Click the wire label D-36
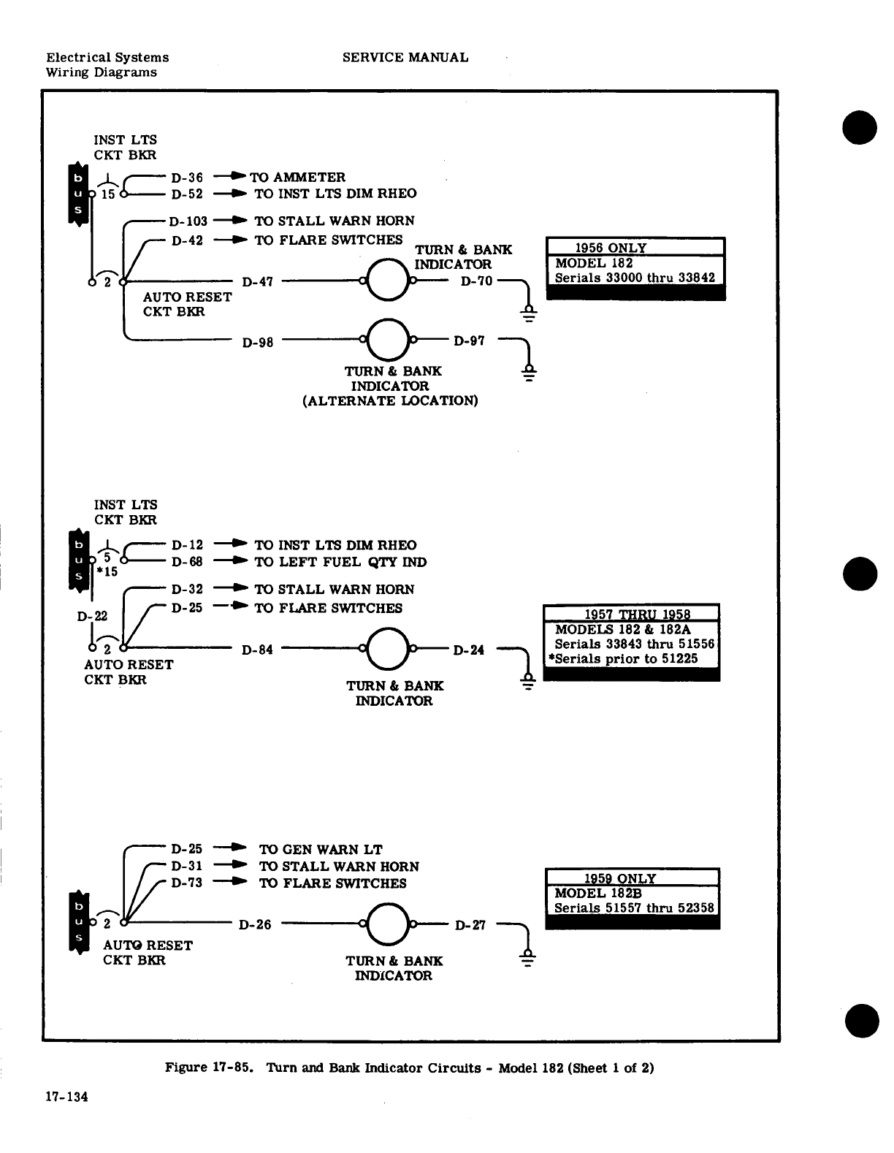click(x=187, y=178)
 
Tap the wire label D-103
click(x=188, y=221)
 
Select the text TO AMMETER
click(x=298, y=178)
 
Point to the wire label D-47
click(x=257, y=281)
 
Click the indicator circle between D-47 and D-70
click(x=388, y=280)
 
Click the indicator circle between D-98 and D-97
click(x=388, y=340)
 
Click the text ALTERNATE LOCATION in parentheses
click(x=390, y=400)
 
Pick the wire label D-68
click(x=187, y=562)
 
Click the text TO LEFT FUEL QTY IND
click(x=340, y=562)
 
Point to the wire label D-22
click(x=92, y=617)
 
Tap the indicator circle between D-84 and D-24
click(x=388, y=648)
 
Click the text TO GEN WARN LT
click(x=321, y=850)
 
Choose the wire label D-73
click(x=187, y=883)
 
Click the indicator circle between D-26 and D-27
click(x=388, y=924)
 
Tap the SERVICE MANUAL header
click(x=405, y=57)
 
